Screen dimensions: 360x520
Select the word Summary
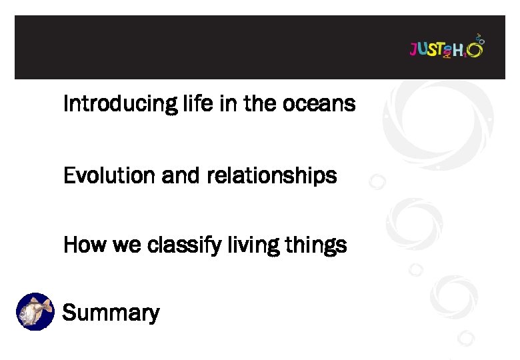(111, 313)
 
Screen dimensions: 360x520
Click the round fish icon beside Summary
(35, 311)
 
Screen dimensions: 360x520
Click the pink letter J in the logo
(413, 49)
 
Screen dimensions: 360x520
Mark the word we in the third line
(122, 245)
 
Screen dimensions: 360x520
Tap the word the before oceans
(263, 104)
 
